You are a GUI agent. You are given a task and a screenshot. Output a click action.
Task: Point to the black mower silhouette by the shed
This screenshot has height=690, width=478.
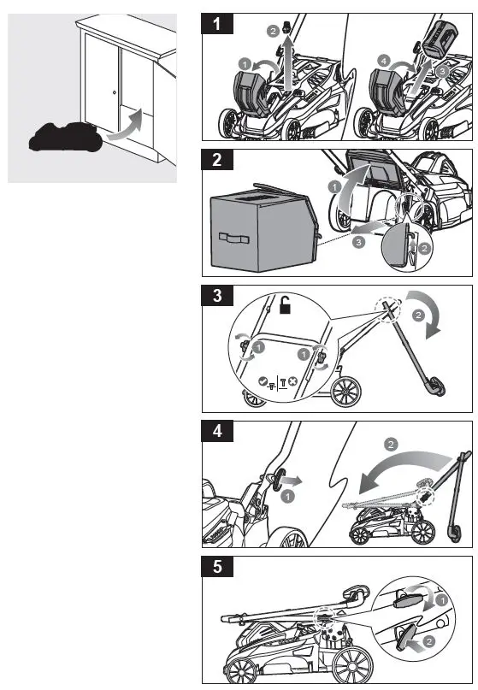click(63, 137)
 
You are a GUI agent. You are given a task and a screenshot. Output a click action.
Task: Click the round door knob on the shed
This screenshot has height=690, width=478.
click(114, 91)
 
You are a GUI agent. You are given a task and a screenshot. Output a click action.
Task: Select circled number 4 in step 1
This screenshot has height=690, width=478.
click(382, 61)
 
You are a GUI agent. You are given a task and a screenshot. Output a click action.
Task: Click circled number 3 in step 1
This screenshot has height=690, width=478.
click(441, 70)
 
